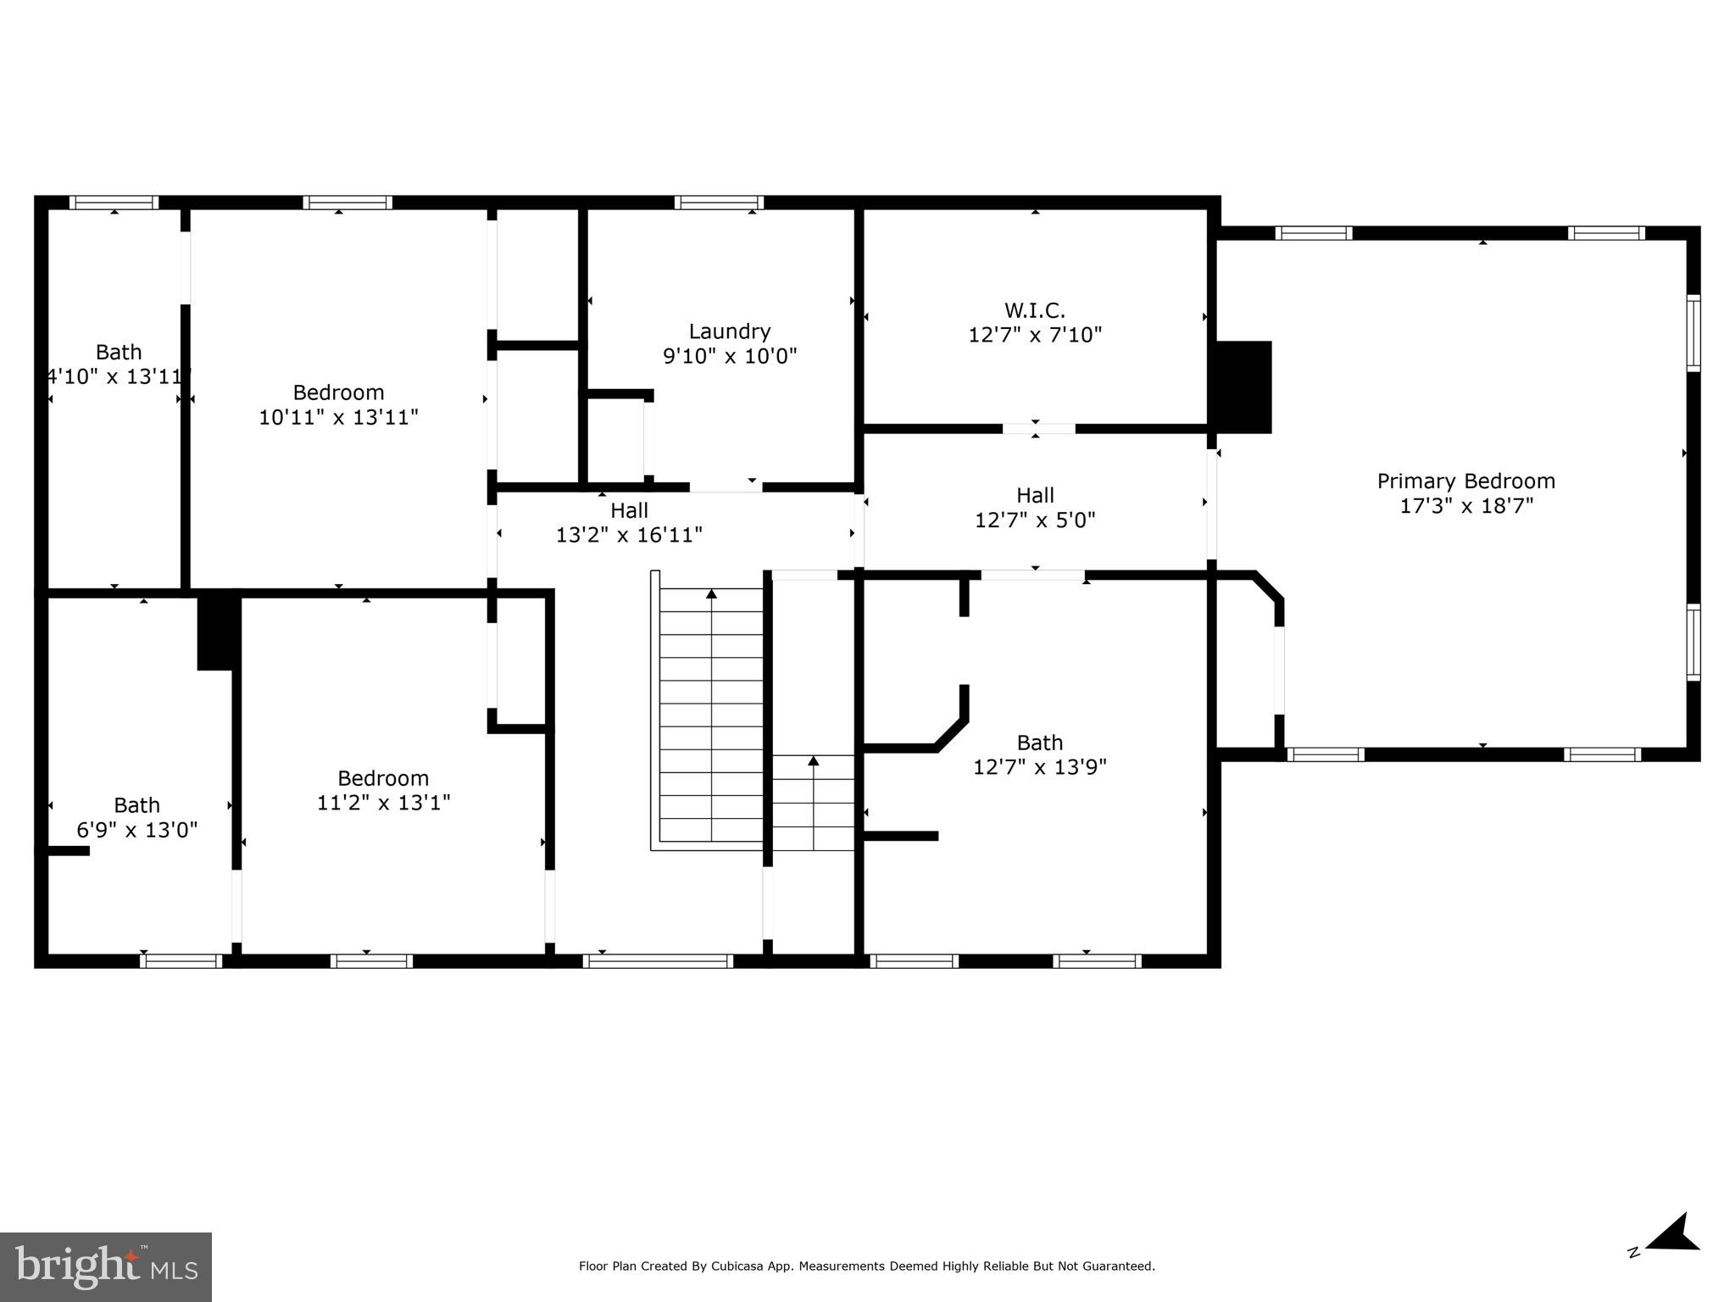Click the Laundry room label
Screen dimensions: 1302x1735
point(729,331)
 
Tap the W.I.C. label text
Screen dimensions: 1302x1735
point(1034,310)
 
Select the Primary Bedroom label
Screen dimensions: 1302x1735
point(1465,481)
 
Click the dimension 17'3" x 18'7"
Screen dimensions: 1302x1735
point(1465,506)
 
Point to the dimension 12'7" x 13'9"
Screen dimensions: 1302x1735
point(1039,767)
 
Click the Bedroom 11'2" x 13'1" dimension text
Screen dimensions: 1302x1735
point(383,802)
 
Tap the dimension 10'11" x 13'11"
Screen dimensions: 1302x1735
point(338,417)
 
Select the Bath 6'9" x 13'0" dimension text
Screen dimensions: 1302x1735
point(137,830)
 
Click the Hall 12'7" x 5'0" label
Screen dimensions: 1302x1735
point(1035,495)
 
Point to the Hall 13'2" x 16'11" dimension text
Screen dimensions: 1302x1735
point(629,535)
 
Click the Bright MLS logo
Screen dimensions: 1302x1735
point(106,1266)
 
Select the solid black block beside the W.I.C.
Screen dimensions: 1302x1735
point(1243,387)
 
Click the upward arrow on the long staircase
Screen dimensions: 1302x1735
point(711,594)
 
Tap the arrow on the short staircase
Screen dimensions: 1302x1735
point(814,761)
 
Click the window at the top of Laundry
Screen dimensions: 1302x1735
point(719,203)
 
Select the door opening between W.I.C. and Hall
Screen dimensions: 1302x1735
point(1038,429)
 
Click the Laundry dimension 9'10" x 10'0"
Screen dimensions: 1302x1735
point(730,356)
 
